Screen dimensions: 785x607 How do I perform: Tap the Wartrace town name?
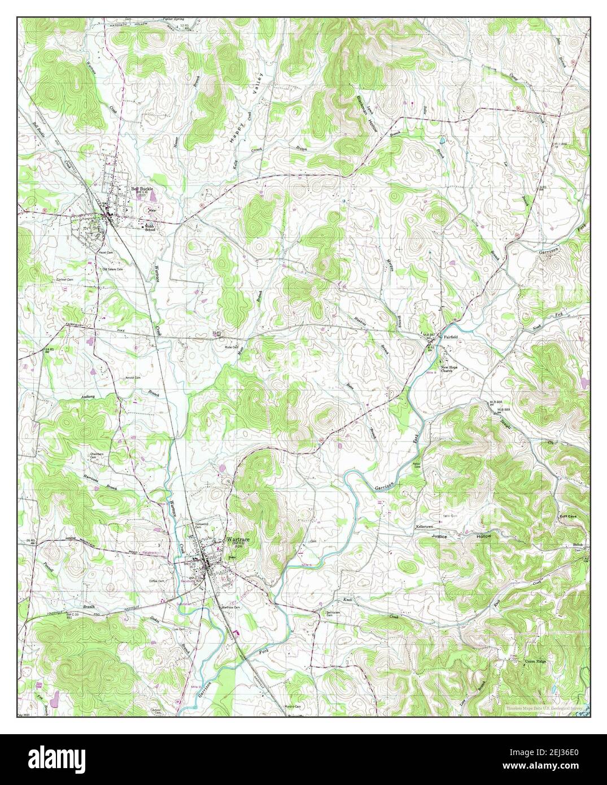point(237,539)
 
